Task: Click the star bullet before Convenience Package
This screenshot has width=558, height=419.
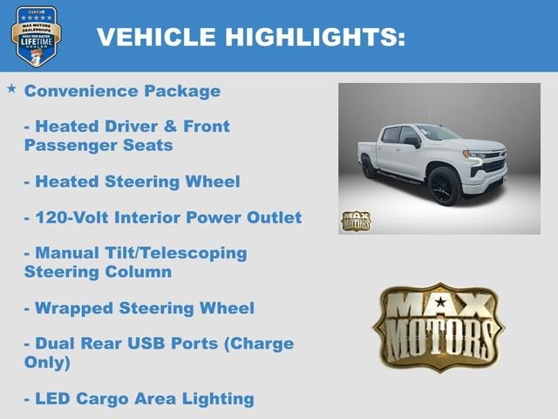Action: pos(11,89)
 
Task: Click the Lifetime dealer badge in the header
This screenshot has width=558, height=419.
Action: pos(36,36)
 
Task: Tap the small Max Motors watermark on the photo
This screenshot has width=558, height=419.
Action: pos(356,220)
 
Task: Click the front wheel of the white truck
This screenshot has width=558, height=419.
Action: pos(443,186)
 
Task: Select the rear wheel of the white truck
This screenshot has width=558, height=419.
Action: pos(370,166)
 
